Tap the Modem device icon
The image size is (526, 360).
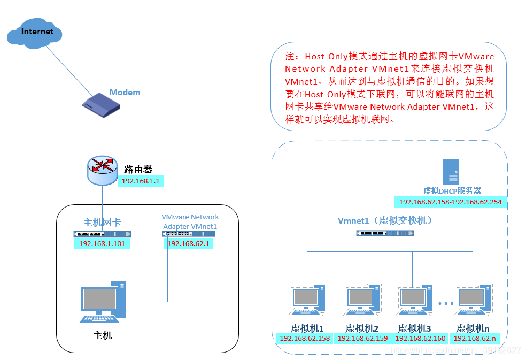click(x=101, y=104)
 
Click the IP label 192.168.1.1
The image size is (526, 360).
click(x=141, y=181)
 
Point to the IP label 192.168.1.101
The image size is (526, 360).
click(x=102, y=244)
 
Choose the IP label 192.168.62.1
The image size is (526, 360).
click(x=182, y=244)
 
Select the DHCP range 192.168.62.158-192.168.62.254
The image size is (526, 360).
click(x=450, y=202)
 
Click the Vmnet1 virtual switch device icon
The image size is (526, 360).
click(x=385, y=233)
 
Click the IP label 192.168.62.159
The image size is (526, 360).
click(x=363, y=338)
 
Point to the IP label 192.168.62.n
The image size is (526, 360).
click(x=475, y=338)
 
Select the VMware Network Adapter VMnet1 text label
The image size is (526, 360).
click(x=190, y=221)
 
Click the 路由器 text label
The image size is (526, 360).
click(x=138, y=170)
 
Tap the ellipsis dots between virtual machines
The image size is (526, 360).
click(x=443, y=303)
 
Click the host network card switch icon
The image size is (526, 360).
click(x=102, y=234)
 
